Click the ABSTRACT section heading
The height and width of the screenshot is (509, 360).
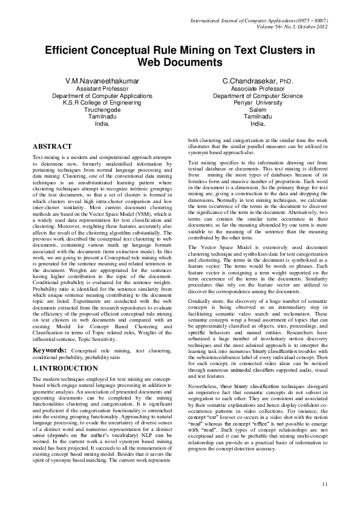click(x=52, y=146)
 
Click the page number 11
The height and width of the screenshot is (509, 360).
click(x=325, y=484)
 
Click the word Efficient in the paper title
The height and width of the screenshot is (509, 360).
click(x=69, y=51)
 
